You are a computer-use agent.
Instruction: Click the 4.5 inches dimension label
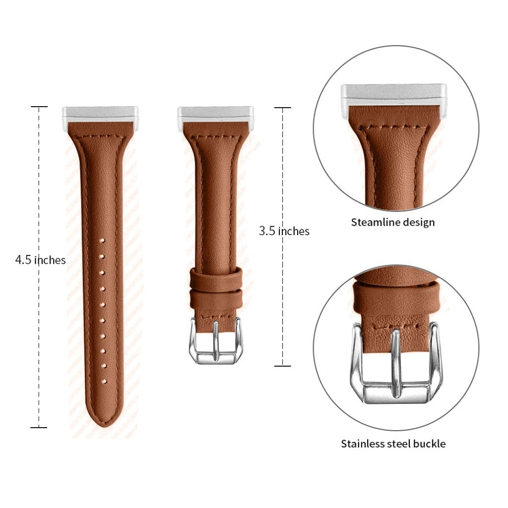coord(41,260)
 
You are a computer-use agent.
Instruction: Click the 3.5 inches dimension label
coord(284,231)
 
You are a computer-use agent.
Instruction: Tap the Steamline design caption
coord(393,222)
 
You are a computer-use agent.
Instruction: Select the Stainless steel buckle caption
coord(393,444)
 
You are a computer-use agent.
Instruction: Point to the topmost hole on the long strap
coord(102,241)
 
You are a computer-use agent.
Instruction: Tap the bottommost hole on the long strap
coord(104,381)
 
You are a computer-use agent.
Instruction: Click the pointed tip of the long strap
coord(106,426)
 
